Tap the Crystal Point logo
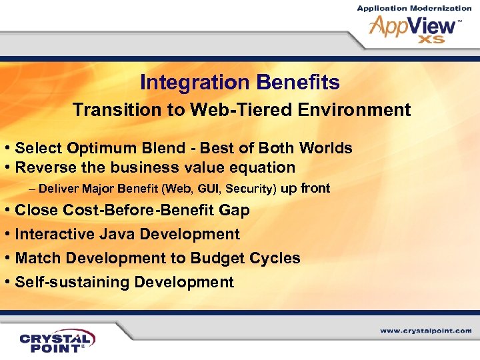point(57,340)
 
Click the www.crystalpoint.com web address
point(426,331)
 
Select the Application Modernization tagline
point(414,8)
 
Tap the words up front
point(305,188)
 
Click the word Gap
point(235,211)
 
